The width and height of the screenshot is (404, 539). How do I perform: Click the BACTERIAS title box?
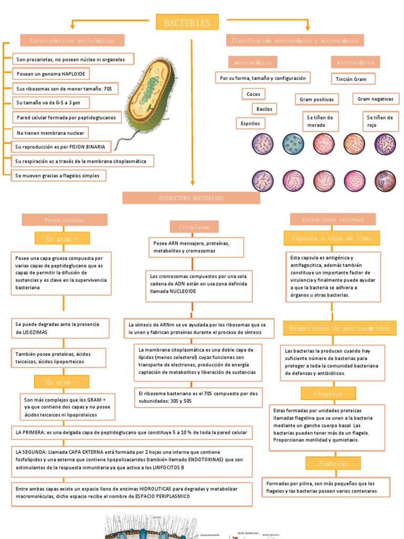pos(187,23)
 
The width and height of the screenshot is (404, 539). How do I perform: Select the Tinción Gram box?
pos(353,79)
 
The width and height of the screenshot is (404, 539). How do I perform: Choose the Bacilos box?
pos(264,109)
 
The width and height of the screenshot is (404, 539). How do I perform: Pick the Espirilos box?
pos(250,123)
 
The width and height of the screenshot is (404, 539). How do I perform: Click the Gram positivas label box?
pos(316,99)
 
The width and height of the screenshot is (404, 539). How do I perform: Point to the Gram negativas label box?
pos(375,99)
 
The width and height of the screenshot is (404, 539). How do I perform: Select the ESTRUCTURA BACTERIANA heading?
pos(191,198)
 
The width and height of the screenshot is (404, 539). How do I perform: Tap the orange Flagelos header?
pos(328,394)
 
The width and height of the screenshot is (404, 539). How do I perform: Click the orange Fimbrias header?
pos(333,464)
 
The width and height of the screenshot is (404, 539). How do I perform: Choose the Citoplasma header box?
pos(194,227)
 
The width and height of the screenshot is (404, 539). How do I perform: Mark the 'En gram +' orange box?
pos(62,239)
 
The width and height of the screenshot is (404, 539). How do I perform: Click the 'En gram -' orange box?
pos(62,382)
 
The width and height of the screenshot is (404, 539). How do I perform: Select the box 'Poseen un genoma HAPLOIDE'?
pos(50,73)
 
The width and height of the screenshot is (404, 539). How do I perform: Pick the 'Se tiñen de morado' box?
pos(319,122)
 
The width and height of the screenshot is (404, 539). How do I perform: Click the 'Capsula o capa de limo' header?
pos(331,238)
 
